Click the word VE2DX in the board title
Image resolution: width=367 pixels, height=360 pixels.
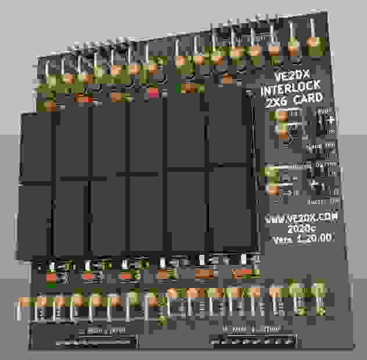(x=293, y=79)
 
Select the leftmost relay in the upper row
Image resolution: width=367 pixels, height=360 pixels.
(x=37, y=146)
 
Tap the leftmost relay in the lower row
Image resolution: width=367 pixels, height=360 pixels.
(x=35, y=218)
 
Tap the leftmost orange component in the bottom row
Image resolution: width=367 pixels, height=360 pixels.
(x=24, y=303)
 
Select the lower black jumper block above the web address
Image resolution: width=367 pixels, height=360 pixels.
(x=319, y=186)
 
